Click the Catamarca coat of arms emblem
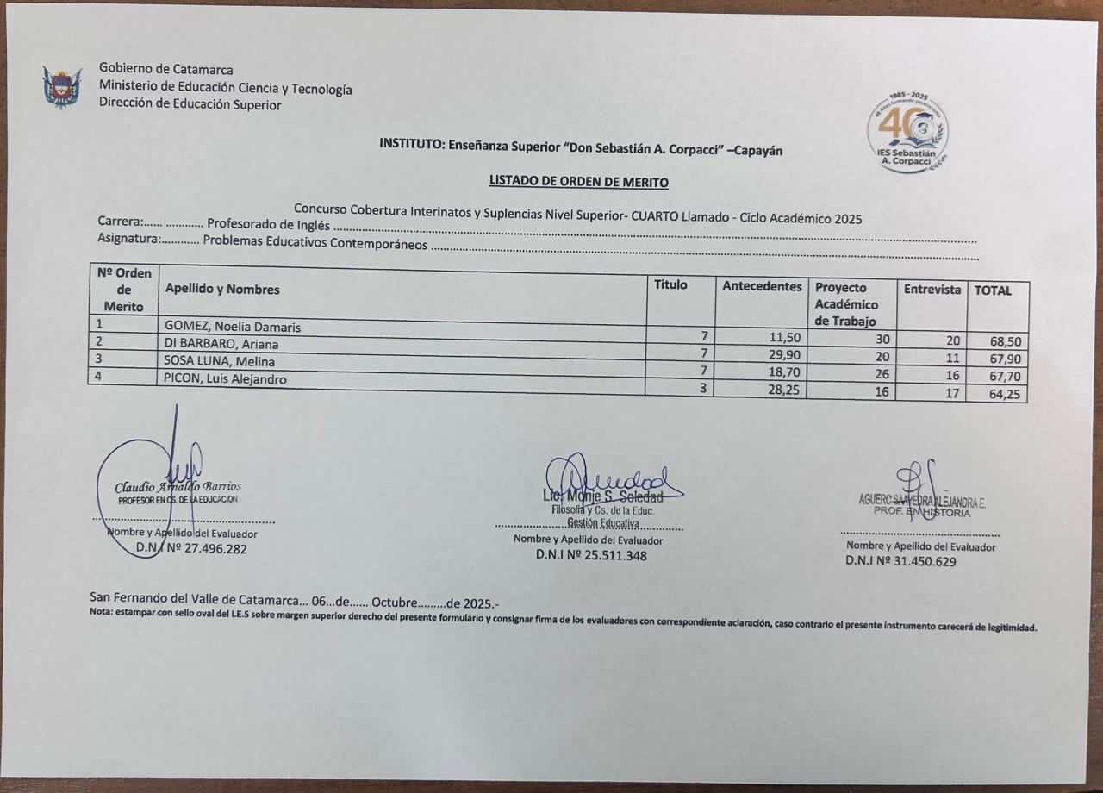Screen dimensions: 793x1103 pyautogui.click(x=62, y=86)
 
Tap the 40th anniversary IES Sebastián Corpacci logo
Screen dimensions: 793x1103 pyautogui.click(x=907, y=133)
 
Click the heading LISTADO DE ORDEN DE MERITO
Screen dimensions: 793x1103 pyautogui.click(x=578, y=181)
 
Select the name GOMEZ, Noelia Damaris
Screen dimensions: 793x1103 pyautogui.click(x=233, y=327)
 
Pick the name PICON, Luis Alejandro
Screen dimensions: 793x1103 pyautogui.click(x=226, y=378)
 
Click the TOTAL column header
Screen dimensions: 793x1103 pyautogui.click(x=993, y=290)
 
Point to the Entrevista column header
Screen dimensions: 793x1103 pyautogui.click(x=932, y=290)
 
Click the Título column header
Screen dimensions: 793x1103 pyautogui.click(x=670, y=284)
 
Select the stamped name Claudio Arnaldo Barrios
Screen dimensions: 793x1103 pyautogui.click(x=178, y=486)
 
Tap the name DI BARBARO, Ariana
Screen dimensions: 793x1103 pyautogui.click(x=221, y=344)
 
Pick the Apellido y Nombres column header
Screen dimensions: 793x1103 pyautogui.click(x=222, y=290)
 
